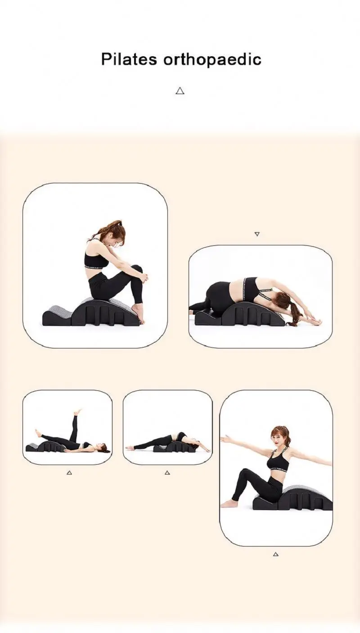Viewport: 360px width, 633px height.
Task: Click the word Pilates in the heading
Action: pyautogui.click(x=129, y=59)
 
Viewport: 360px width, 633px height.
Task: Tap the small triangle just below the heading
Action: pyautogui.click(x=180, y=91)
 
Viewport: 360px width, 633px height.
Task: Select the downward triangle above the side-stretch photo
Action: pyautogui.click(x=257, y=234)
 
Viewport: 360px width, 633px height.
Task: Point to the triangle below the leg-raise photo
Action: pyautogui.click(x=69, y=473)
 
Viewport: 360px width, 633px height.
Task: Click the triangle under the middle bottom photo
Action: pyautogui.click(x=167, y=473)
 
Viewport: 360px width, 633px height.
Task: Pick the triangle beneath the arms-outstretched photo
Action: pyautogui.click(x=276, y=554)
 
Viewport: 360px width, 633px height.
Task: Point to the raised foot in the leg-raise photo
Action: pyautogui.click(x=78, y=411)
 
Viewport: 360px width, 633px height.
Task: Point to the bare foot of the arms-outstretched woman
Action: pyautogui.click(x=229, y=503)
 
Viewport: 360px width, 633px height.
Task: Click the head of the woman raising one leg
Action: pyautogui.click(x=103, y=448)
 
